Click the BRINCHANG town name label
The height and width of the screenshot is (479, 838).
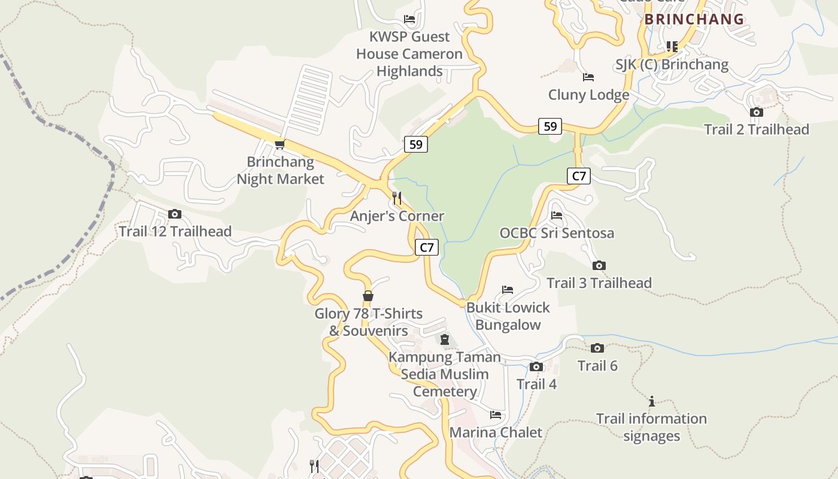tap(694, 19)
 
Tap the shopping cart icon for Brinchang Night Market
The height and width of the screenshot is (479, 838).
tap(280, 144)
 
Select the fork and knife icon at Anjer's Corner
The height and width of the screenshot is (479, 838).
tap(396, 198)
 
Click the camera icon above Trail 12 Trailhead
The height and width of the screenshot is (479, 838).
tap(175, 214)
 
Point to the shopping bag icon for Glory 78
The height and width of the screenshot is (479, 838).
tap(368, 296)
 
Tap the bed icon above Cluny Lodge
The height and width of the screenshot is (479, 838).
tap(588, 77)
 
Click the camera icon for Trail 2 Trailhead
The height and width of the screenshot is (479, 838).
tap(756, 112)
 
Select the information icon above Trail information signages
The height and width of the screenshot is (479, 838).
tap(652, 401)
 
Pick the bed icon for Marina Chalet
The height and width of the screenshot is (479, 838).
tap(496, 414)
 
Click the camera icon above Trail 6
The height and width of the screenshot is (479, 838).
tap(597, 348)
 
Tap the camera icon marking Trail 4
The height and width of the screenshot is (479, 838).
tap(536, 367)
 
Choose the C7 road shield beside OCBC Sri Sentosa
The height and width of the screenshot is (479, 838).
tap(579, 176)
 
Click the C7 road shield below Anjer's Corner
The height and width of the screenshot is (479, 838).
tap(427, 247)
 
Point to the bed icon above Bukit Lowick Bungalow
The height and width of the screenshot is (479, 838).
tap(508, 290)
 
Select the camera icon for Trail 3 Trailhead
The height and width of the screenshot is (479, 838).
tap(599, 266)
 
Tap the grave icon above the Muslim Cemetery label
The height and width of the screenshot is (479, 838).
tap(444, 340)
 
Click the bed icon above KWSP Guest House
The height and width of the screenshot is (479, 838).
tap(409, 19)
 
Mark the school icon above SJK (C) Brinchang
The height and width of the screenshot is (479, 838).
tap(672, 46)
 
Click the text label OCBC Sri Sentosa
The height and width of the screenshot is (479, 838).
tap(557, 233)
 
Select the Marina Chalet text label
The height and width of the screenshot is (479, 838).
tap(496, 432)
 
